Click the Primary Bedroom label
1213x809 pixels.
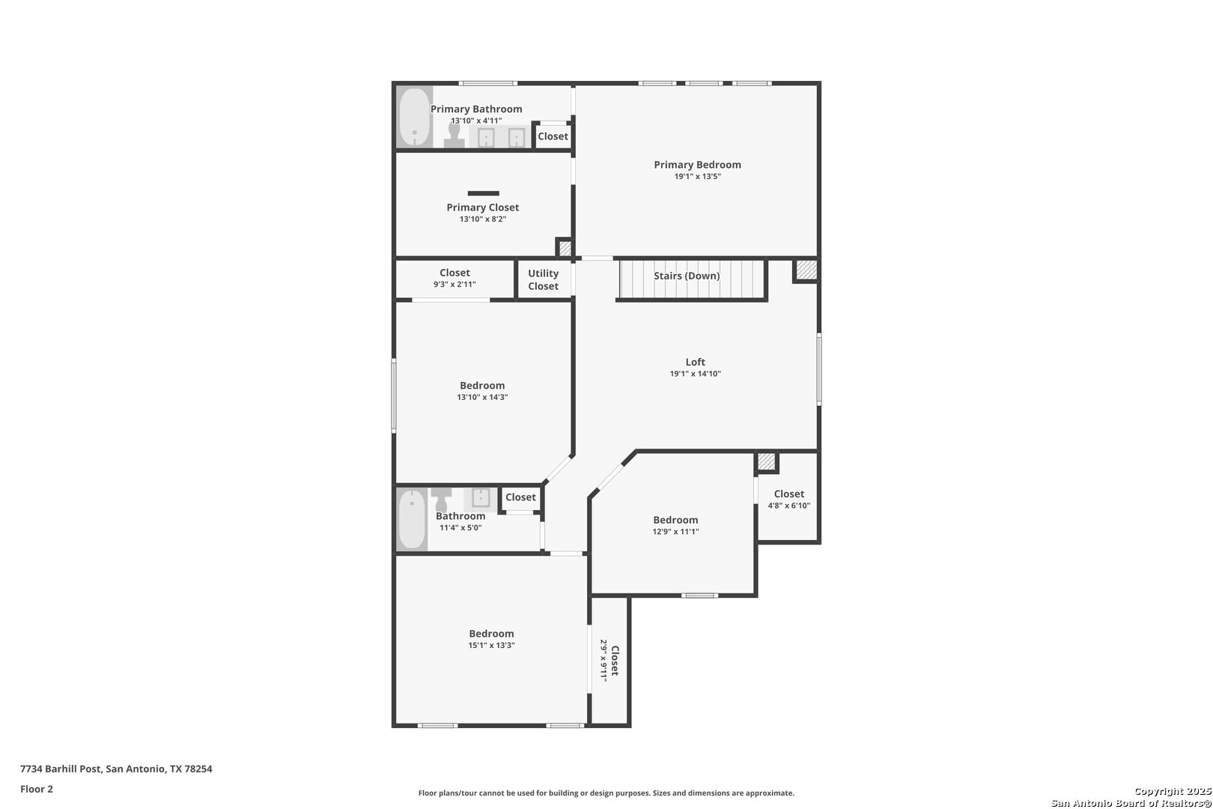point(697,165)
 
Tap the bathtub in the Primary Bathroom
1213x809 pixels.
point(415,117)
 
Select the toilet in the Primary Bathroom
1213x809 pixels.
point(455,135)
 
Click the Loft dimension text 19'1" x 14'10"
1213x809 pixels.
point(696,373)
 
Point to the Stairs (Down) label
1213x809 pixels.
point(687,276)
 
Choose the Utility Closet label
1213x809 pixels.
point(543,279)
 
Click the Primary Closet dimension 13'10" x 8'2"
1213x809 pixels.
point(482,219)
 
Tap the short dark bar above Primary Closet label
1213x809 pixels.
point(484,193)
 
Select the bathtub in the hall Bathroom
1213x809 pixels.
point(413,520)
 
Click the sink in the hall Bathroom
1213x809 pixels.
point(480,497)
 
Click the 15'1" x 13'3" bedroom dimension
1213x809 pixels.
point(491,646)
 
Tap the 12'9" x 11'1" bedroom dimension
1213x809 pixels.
point(675,532)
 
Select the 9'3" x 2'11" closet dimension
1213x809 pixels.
point(455,285)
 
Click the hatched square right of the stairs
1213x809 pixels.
point(806,270)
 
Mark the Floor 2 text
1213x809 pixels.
point(37,789)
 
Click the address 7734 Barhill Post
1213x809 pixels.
point(61,769)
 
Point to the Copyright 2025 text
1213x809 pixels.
point(1173,792)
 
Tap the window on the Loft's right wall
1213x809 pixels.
point(819,369)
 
